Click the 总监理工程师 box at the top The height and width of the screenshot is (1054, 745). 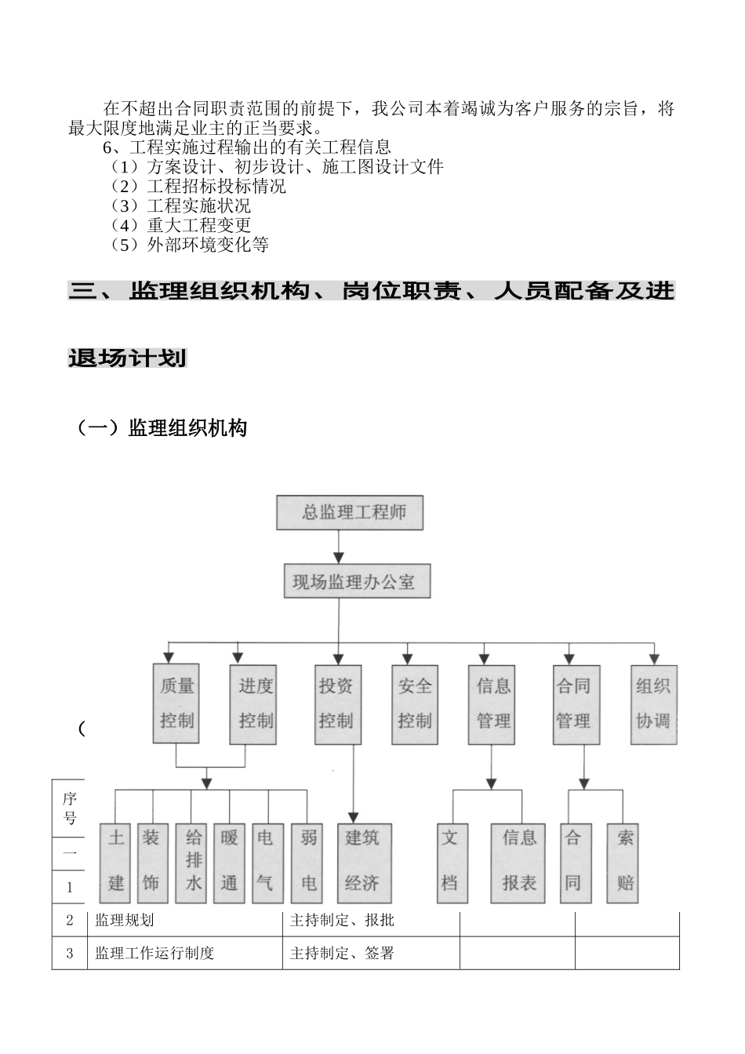click(350, 513)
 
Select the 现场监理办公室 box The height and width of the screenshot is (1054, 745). click(357, 582)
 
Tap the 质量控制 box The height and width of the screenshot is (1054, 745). click(176, 703)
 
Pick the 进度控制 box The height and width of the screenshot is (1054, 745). click(254, 703)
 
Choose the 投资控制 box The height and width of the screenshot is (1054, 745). click(336, 703)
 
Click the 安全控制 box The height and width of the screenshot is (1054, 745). click(415, 703)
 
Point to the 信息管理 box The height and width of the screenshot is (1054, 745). click(492, 703)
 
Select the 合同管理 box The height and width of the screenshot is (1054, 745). click(574, 703)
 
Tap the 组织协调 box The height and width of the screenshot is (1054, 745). click(652, 703)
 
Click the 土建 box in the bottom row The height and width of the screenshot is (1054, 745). click(116, 861)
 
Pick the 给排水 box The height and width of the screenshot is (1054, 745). click(192, 861)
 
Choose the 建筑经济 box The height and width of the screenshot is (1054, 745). click(363, 861)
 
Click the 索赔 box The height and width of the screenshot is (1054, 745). click(623, 861)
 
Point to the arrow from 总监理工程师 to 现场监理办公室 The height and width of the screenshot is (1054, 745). click(338, 547)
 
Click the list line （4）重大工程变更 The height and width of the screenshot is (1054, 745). click(180, 225)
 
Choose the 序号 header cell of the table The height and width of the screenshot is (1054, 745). click(70, 808)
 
